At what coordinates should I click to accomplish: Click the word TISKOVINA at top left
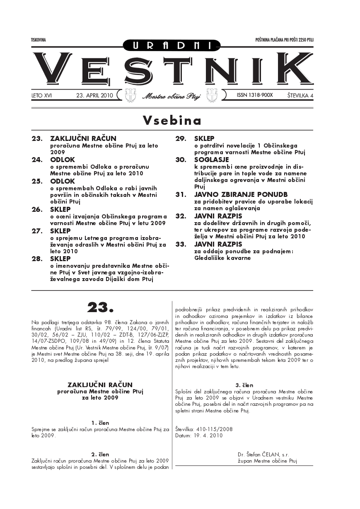tap(38, 40)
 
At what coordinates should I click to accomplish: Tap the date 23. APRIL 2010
tap(95, 95)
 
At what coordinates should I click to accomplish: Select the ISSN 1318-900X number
tap(255, 95)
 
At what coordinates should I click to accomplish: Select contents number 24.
tap(37, 160)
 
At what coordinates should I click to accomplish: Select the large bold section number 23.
tap(100, 307)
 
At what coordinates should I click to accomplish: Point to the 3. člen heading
tap(244, 385)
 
